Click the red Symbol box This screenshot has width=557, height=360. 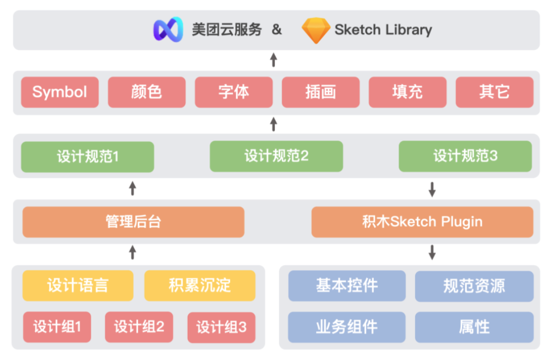pos(60,92)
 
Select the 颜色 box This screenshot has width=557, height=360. pos(146,92)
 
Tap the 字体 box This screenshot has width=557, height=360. pos(234,92)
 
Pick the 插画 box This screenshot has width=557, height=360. pos(321,92)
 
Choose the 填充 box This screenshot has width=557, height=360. pos(407,92)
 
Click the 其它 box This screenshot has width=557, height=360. pos(495,92)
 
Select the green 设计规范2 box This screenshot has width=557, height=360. pos(276,156)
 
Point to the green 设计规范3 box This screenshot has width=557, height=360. pos(465,156)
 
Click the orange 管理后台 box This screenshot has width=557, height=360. pos(133,222)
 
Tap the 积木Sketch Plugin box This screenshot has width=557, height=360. pos(422,222)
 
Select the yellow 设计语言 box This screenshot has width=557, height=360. pos(78,286)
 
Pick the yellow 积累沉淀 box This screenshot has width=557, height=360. pos(200,286)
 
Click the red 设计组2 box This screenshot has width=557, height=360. pos(139,328)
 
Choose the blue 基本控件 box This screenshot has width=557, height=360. pos(347,286)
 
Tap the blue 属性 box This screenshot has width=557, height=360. pos(474,328)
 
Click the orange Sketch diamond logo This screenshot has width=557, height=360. pos(316,30)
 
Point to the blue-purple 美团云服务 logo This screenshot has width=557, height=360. pos(168,29)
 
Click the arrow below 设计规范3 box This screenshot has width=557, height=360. pos(432,189)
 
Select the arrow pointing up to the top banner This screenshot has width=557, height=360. pos(273,60)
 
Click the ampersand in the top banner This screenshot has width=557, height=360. pos(277,29)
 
